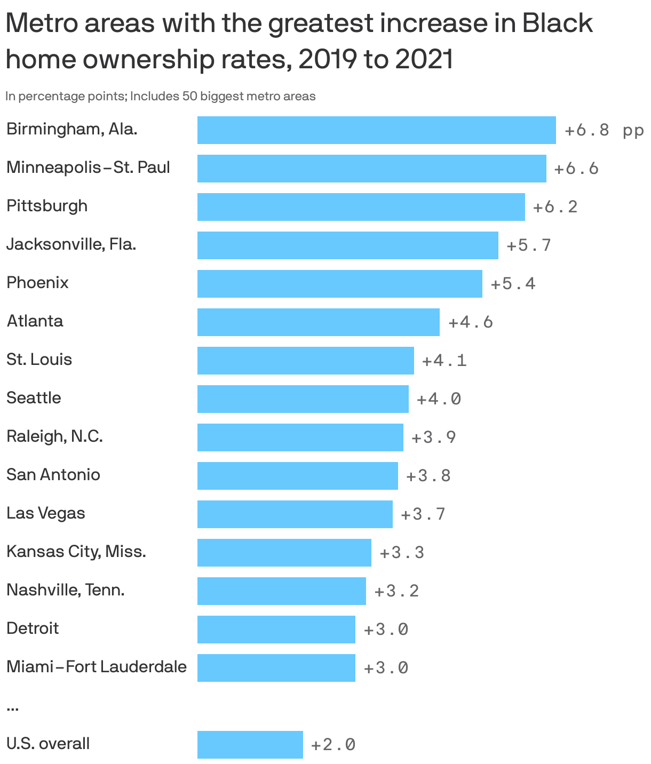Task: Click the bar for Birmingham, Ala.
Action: pyautogui.click(x=376, y=130)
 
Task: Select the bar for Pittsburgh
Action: pyautogui.click(x=361, y=207)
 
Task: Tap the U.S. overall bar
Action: pyautogui.click(x=250, y=745)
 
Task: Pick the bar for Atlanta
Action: pyautogui.click(x=318, y=322)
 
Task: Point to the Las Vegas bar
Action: pyautogui.click(x=295, y=514)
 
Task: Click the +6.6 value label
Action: pyautogui.click(x=576, y=169)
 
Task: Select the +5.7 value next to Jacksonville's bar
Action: pyautogui.click(x=528, y=245)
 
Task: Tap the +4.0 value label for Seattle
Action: pyautogui.click(x=439, y=399)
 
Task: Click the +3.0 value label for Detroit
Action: pyautogui.click(x=386, y=630)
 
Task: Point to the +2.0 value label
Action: pyautogui.click(x=333, y=745)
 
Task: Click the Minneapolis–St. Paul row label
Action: pyautogui.click(x=88, y=168)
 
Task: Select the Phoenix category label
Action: pyautogui.click(x=37, y=282)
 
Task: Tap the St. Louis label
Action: pyautogui.click(x=39, y=359)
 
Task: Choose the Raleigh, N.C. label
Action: pyautogui.click(x=54, y=436)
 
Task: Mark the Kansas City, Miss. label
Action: pyautogui.click(x=76, y=551)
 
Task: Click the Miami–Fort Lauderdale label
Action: pyautogui.click(x=97, y=667)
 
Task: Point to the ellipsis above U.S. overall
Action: pyautogui.click(x=13, y=709)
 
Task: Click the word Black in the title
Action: pyautogui.click(x=557, y=23)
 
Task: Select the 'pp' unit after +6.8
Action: pyautogui.click(x=633, y=131)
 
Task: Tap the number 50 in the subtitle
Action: pyautogui.click(x=190, y=97)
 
